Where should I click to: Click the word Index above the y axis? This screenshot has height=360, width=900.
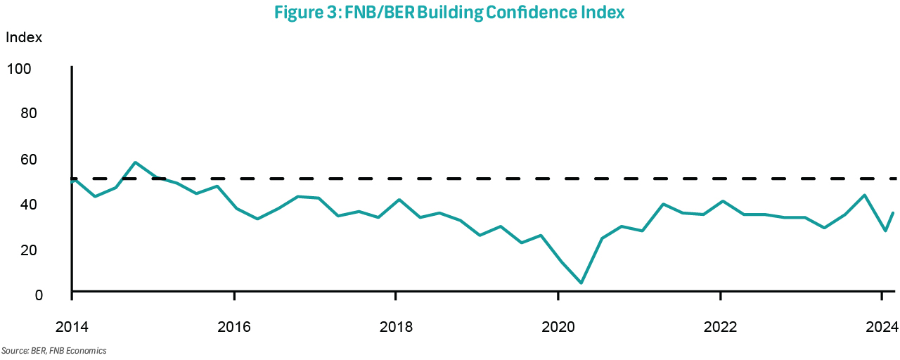(24, 38)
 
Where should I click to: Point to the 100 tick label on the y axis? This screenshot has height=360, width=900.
(19, 69)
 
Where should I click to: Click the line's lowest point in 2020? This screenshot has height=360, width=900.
(581, 283)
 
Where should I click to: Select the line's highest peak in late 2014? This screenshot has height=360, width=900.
(134, 162)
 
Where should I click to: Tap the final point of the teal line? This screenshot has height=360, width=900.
(893, 213)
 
